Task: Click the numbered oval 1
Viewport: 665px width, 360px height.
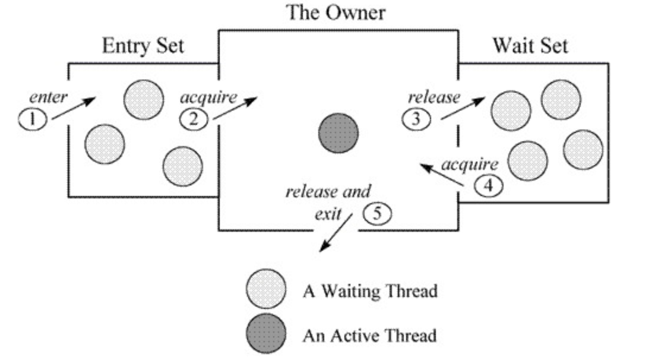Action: (x=33, y=119)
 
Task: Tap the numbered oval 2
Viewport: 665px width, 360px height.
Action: (x=194, y=119)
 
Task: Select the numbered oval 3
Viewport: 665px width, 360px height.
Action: (x=416, y=119)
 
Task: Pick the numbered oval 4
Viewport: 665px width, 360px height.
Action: (x=489, y=186)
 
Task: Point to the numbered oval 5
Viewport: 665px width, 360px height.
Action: (x=377, y=213)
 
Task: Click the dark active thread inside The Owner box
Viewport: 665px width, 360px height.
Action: (x=338, y=133)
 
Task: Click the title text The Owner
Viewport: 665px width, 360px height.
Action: (x=336, y=12)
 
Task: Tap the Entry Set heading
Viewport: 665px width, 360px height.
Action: (x=143, y=46)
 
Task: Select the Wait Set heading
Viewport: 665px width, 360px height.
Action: (x=530, y=45)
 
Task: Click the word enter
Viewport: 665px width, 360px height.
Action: (x=48, y=97)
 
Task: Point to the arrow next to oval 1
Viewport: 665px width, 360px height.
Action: (x=74, y=108)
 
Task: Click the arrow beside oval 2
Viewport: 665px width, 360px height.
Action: (x=235, y=108)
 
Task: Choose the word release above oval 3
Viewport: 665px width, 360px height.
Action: (x=434, y=97)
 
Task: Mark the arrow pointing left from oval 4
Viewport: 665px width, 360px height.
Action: (x=441, y=175)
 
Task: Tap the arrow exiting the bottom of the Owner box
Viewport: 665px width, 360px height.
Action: (x=335, y=233)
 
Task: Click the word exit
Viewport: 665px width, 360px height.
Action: (x=328, y=214)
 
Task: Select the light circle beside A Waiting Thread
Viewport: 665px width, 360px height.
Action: (x=266, y=289)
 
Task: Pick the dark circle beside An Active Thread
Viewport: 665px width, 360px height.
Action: (x=266, y=334)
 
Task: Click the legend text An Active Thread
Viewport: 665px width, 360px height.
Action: (x=369, y=336)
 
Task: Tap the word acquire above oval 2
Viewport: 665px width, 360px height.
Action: (x=208, y=97)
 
